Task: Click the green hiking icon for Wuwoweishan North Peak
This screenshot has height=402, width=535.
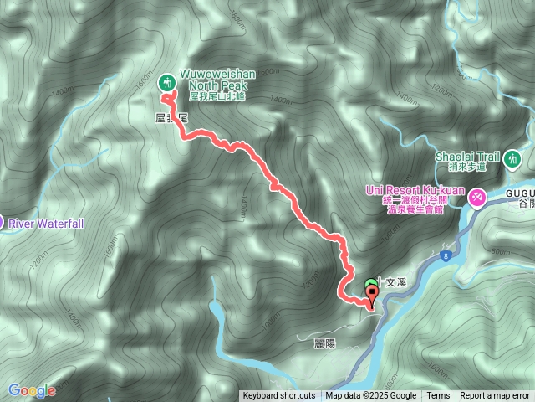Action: [x=166, y=82]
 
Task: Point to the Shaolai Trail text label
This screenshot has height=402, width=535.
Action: [x=466, y=156]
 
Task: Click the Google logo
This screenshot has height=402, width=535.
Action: [x=32, y=390]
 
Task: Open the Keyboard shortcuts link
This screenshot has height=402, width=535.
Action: [x=279, y=396]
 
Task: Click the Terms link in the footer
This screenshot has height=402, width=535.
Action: [x=438, y=396]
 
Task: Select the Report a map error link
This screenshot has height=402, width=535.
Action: [x=495, y=396]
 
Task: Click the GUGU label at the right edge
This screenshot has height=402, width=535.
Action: [x=520, y=193]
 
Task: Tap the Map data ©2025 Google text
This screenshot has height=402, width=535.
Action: [x=370, y=396]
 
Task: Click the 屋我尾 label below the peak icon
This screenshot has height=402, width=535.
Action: [x=171, y=118]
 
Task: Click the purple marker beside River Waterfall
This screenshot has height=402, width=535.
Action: [x=2, y=223]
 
